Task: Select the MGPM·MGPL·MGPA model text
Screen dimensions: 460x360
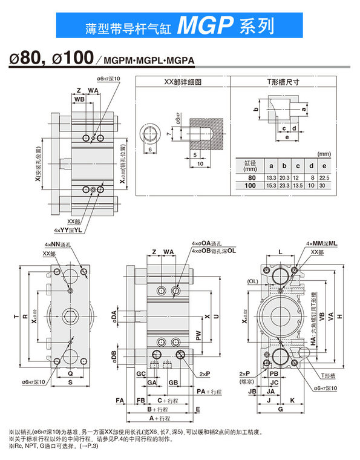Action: tap(140, 61)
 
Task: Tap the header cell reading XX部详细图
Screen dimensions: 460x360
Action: tap(182, 82)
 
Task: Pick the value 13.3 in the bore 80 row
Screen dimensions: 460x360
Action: tap(272, 178)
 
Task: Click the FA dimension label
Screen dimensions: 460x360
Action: tap(120, 401)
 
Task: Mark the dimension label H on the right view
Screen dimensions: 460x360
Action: tap(340, 317)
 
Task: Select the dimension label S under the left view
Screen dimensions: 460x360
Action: tap(70, 383)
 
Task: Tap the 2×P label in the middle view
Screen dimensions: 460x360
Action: tap(204, 375)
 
